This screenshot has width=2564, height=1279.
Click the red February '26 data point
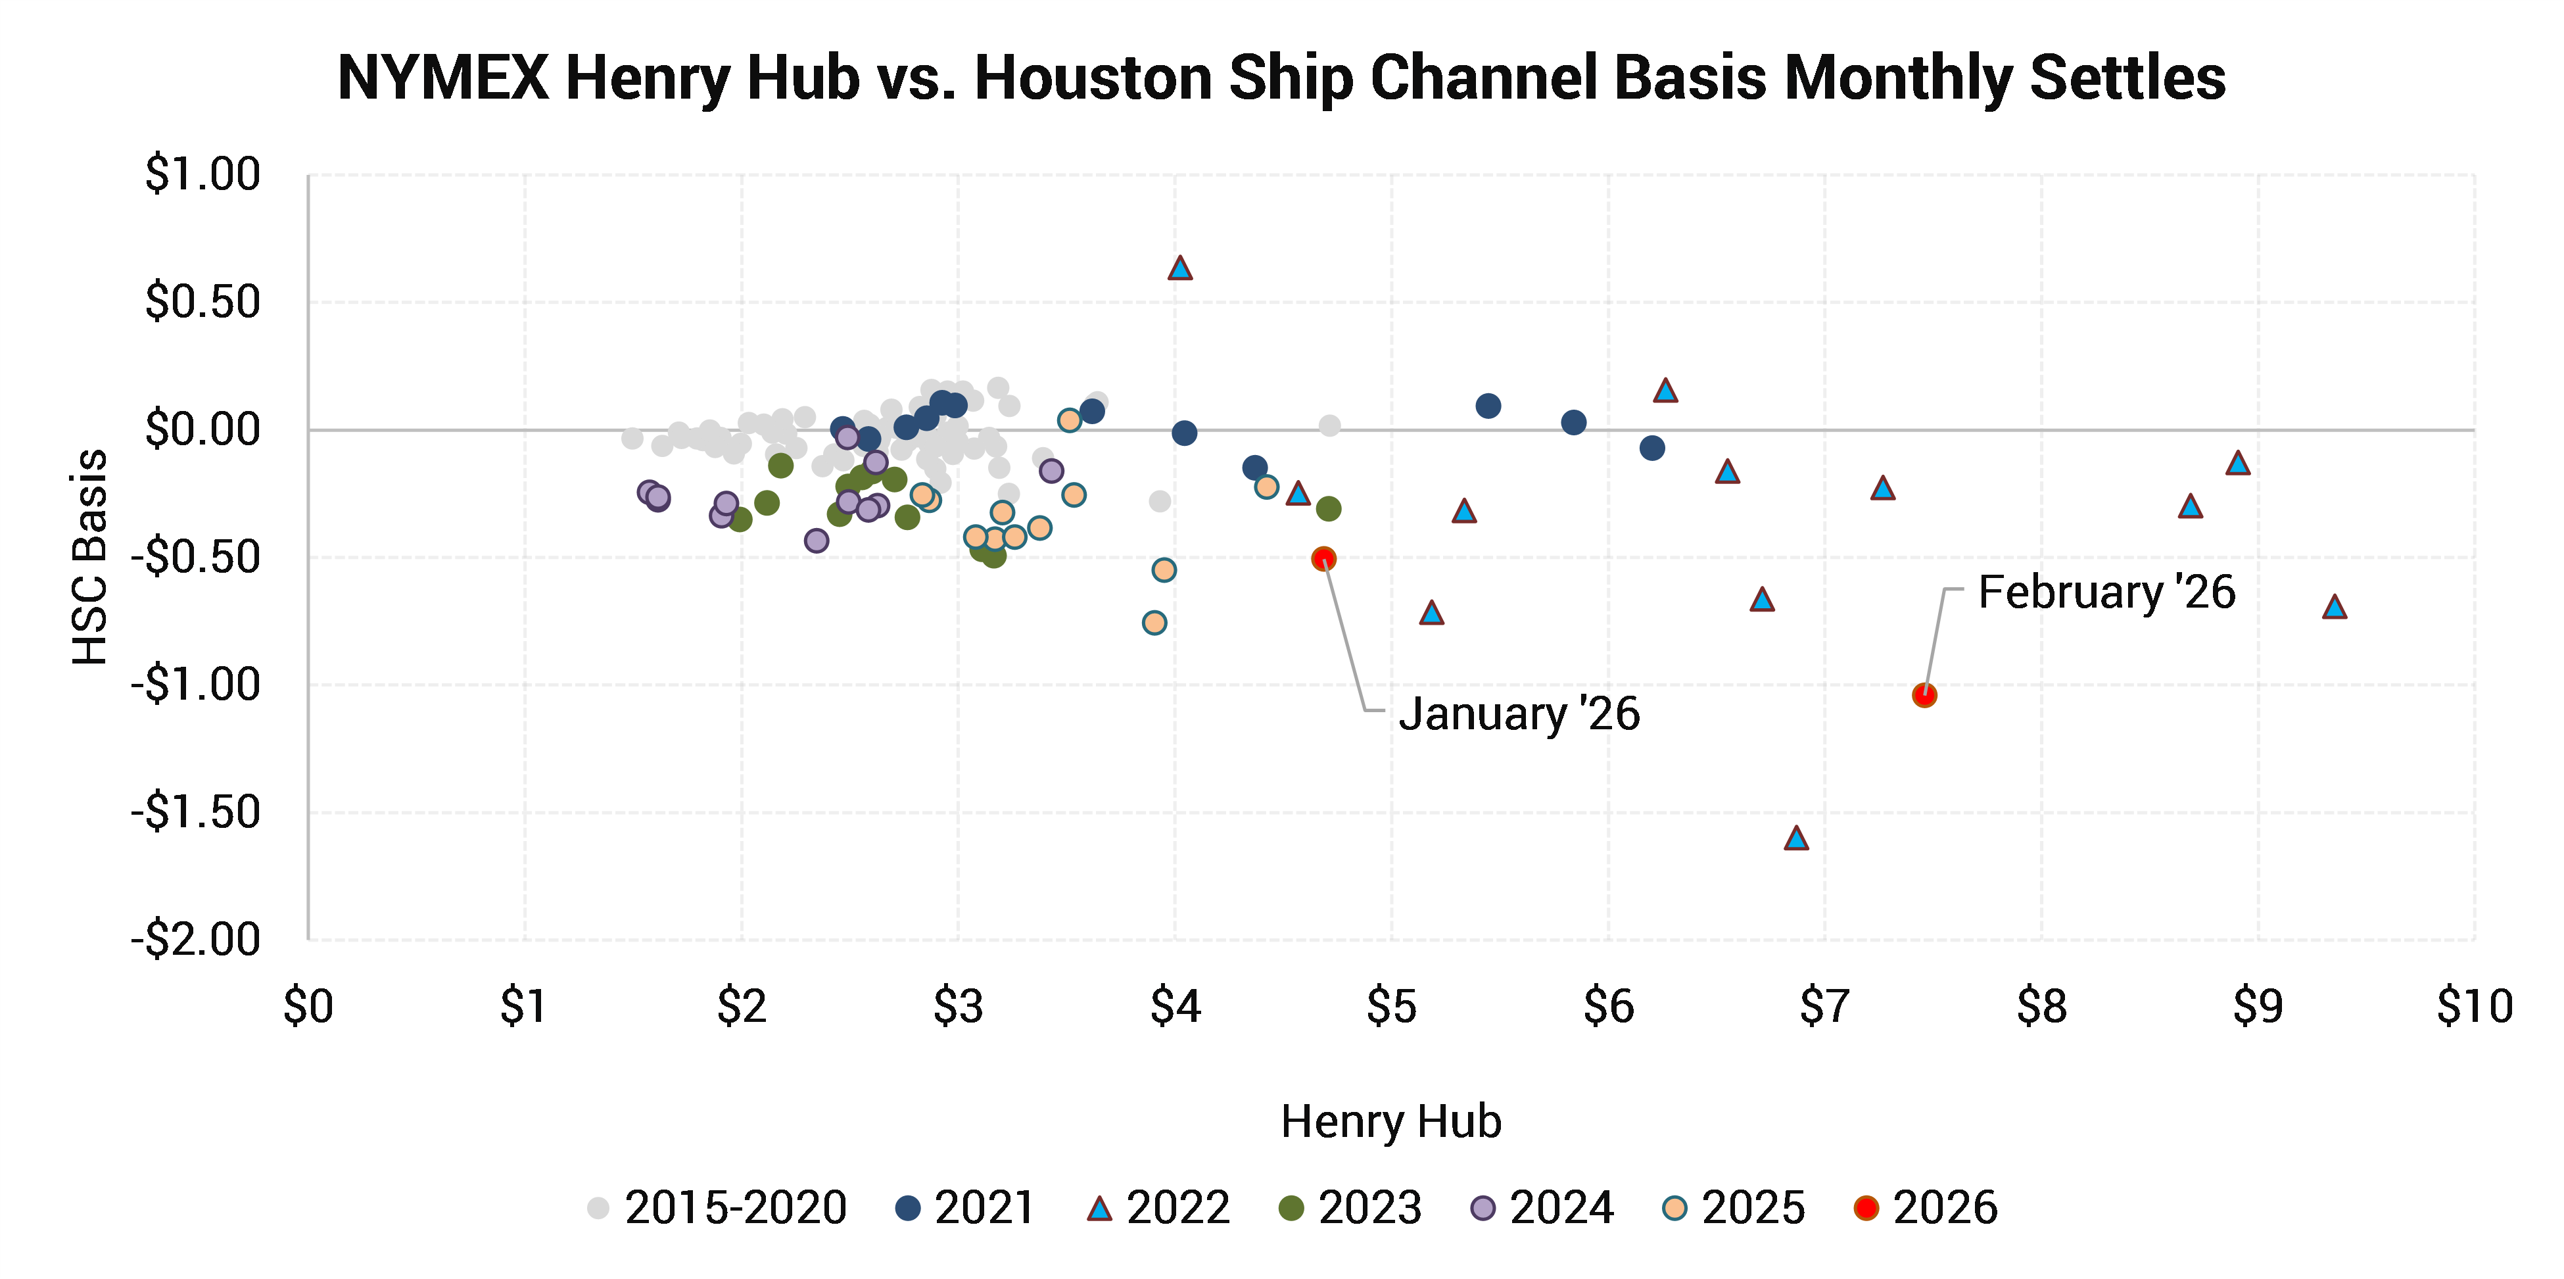(1924, 696)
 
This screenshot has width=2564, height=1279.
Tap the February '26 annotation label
(2106, 592)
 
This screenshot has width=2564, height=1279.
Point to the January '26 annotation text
(1519, 713)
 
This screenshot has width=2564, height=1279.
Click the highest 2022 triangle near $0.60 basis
(1179, 268)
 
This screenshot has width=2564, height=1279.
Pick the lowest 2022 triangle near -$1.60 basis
(1795, 838)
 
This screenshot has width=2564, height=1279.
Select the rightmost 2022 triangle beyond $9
(2334, 607)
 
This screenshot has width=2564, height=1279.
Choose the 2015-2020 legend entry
(717, 1207)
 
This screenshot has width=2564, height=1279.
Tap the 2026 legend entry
(1926, 1207)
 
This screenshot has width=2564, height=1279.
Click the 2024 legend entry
(1542, 1207)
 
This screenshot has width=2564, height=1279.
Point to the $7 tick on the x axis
(1824, 1006)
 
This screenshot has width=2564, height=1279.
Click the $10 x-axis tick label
(2475, 1006)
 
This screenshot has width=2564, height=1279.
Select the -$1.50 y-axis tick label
(196, 812)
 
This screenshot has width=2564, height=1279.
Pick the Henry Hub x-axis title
(1390, 1122)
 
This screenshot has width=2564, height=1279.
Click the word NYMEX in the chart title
(443, 78)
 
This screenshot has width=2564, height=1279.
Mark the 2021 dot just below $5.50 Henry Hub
(1488, 405)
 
